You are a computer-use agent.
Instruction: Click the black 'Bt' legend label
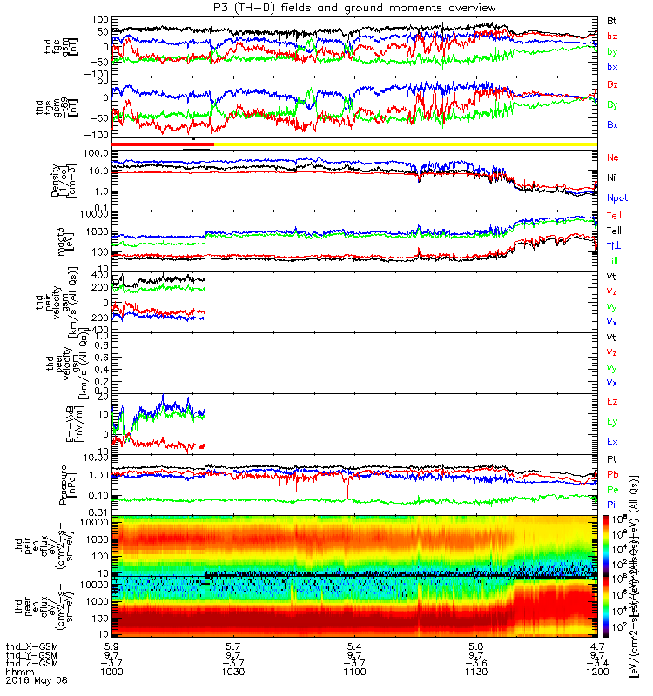pos(612,20)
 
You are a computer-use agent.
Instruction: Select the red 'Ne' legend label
pos(613,157)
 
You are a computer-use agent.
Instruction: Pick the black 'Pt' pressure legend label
pos(612,458)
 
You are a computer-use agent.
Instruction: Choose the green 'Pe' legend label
pos(613,490)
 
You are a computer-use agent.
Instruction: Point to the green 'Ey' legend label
pos(613,422)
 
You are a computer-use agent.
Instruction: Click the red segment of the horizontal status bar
pos(162,144)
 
